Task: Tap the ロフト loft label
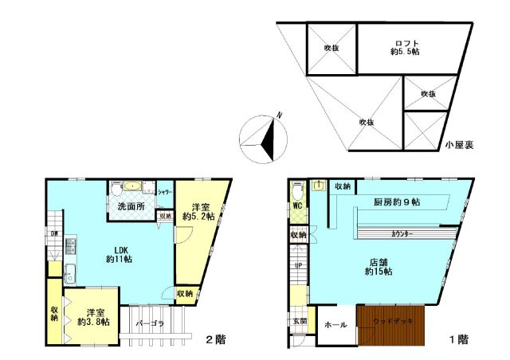[x=406, y=43]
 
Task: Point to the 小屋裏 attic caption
[x=460, y=145]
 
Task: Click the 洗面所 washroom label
[x=131, y=207]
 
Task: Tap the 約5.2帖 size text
[x=198, y=217]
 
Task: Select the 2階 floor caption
[x=215, y=340]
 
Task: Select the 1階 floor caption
[x=458, y=340]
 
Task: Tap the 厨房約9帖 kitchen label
[x=396, y=202]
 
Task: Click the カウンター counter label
[x=407, y=234]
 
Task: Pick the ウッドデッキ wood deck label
[x=393, y=321]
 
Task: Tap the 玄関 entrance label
[x=297, y=321]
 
